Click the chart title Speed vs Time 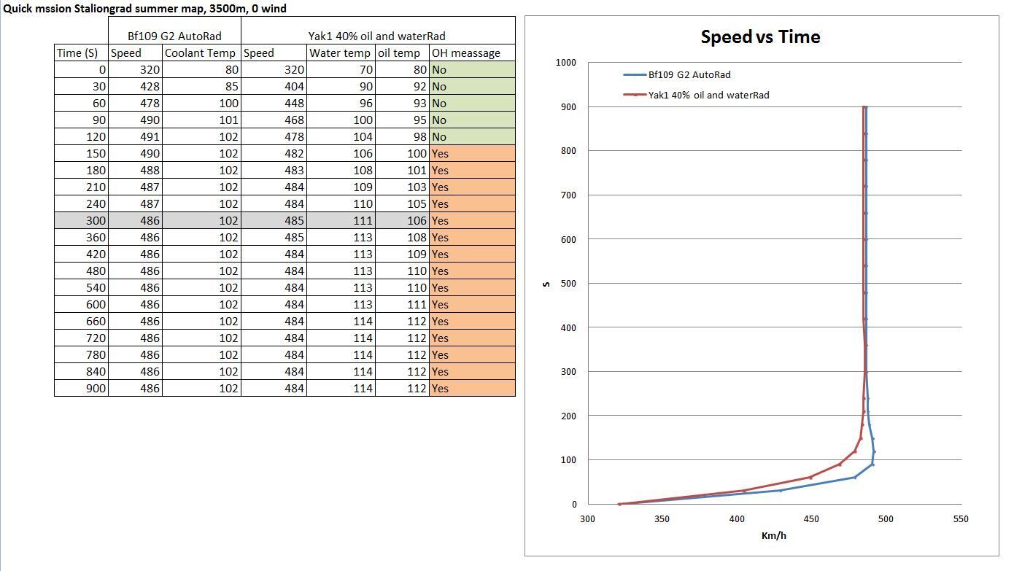tap(760, 37)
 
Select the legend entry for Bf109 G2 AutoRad tap(689, 74)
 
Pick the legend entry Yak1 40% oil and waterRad tap(708, 95)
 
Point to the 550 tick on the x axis tap(960, 519)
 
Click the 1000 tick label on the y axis tap(565, 63)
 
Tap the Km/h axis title tap(773, 536)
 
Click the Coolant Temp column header tap(201, 53)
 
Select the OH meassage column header tap(466, 53)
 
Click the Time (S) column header tap(77, 53)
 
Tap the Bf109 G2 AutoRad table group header tap(174, 36)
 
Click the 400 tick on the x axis tap(737, 519)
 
